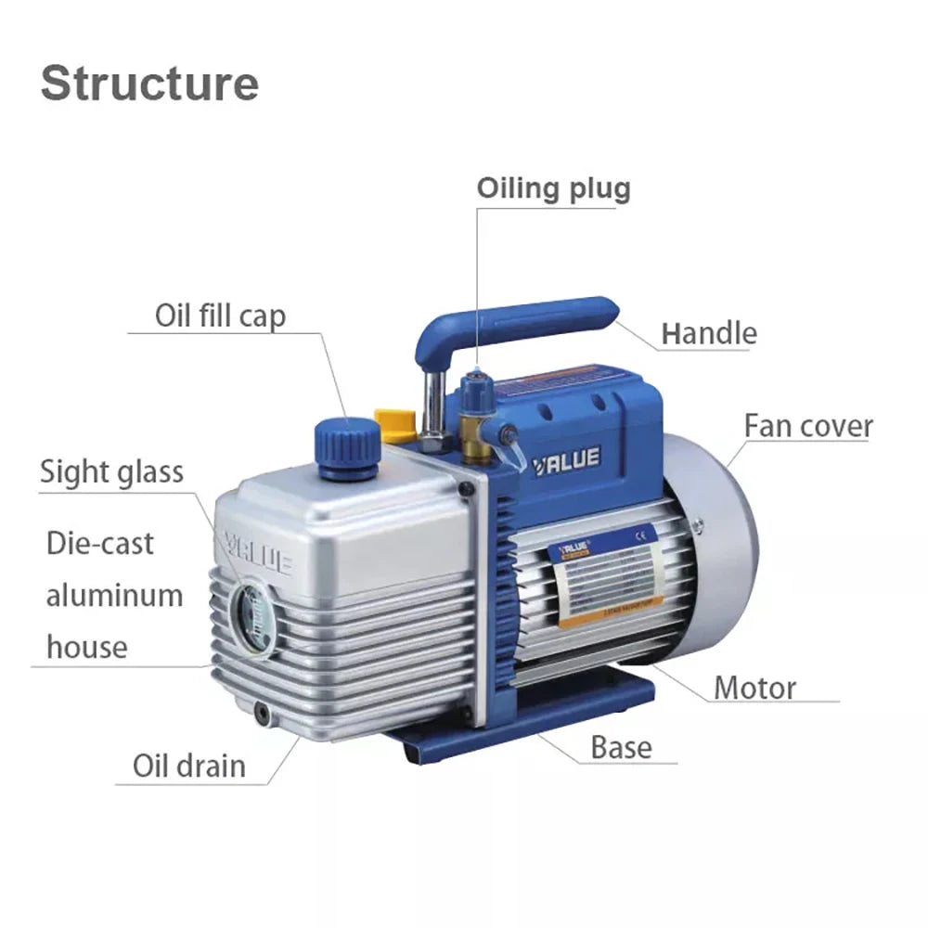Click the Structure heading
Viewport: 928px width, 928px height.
[x=149, y=83]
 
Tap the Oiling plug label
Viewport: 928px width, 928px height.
[x=553, y=188]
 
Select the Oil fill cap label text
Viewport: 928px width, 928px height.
[x=220, y=316]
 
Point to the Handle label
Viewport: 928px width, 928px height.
[x=708, y=333]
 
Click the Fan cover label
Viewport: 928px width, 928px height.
[x=807, y=427]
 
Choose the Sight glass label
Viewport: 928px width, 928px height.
[x=111, y=471]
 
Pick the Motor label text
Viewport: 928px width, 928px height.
[x=754, y=689]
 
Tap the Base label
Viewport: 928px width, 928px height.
[x=621, y=747]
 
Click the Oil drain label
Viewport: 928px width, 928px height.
[x=189, y=767]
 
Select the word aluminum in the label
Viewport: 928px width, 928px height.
[x=114, y=595]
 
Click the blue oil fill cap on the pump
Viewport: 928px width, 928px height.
[x=347, y=446]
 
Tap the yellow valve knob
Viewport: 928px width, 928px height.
[x=393, y=423]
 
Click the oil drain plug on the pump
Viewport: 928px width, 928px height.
[x=263, y=713]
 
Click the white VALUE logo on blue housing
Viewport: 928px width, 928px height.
[x=567, y=458]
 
